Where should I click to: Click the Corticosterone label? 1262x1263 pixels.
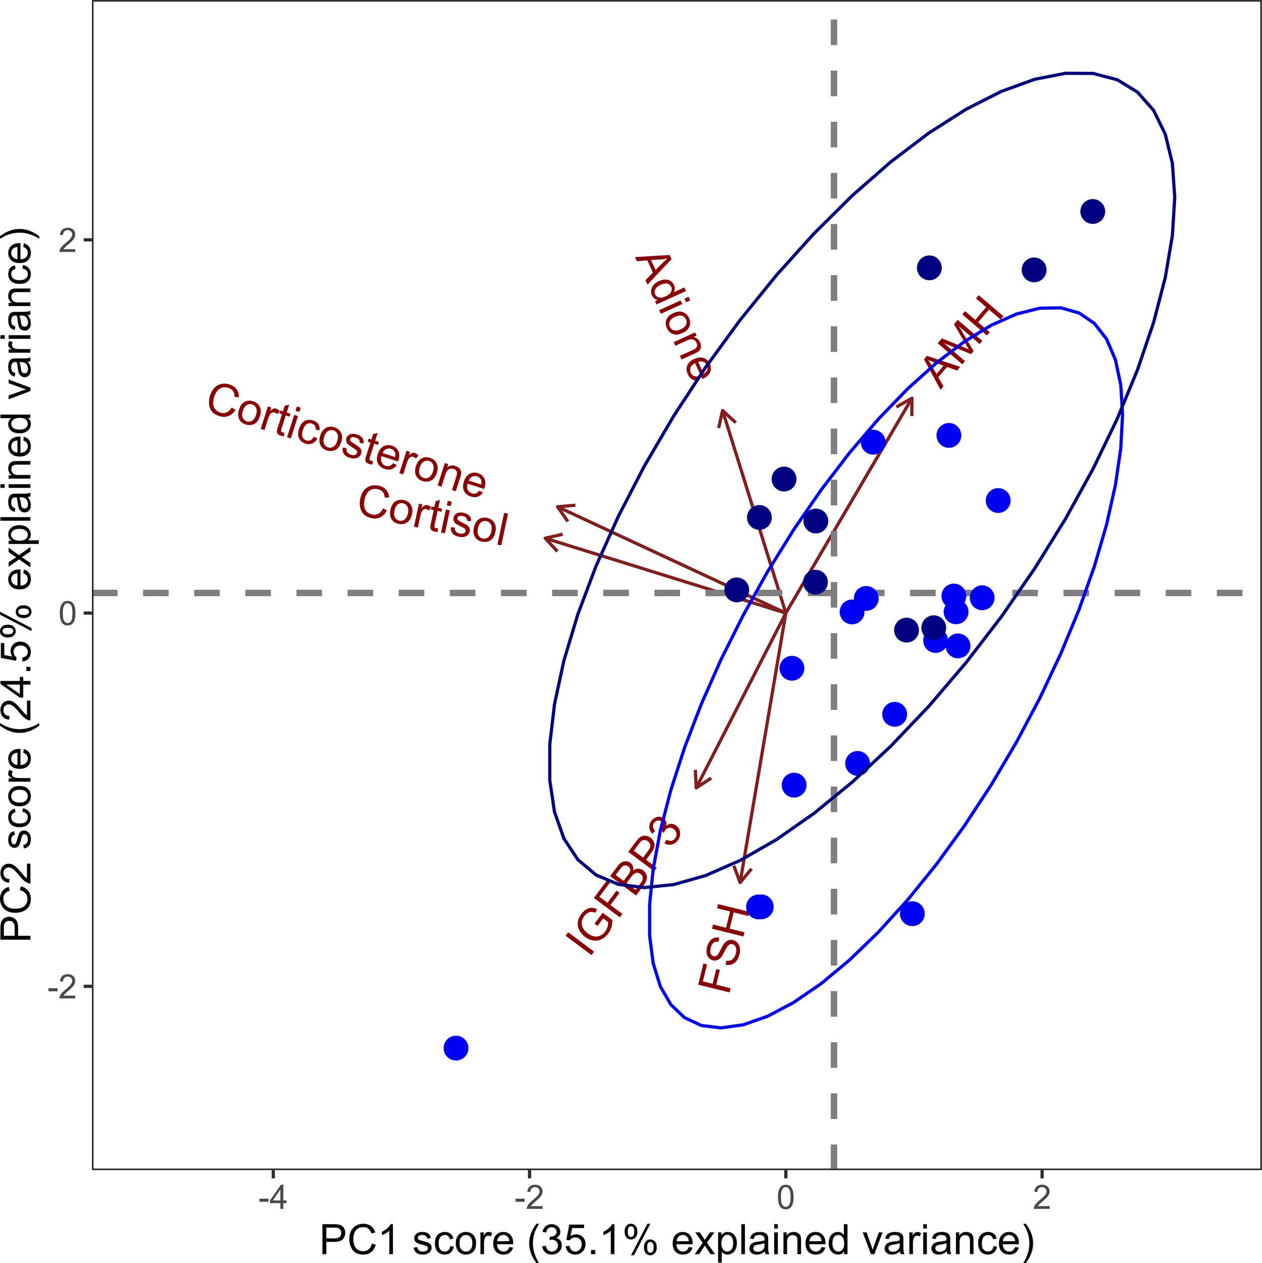[x=346, y=440]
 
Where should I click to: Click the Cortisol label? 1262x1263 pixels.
[x=433, y=516]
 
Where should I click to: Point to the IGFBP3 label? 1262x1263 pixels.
[x=623, y=886]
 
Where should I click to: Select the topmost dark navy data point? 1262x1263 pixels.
[x=1092, y=211]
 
